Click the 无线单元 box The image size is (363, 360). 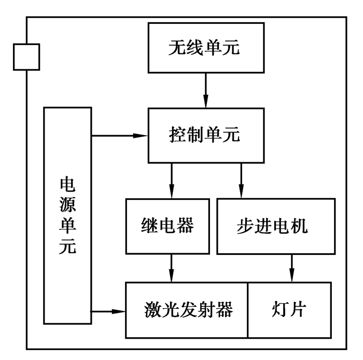pyautogui.click(x=206, y=48)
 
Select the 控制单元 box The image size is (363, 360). pyautogui.click(x=206, y=135)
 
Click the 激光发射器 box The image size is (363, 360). pyautogui.click(x=187, y=310)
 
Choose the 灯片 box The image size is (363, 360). pyautogui.click(x=289, y=310)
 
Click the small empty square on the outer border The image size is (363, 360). pyautogui.click(x=26, y=56)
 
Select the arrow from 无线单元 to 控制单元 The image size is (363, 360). pyautogui.click(x=206, y=90)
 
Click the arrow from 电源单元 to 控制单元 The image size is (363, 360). pyautogui.click(x=119, y=136)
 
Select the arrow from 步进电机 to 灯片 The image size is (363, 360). pyautogui.click(x=292, y=268)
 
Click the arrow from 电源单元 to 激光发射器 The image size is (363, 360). pyautogui.click(x=109, y=311)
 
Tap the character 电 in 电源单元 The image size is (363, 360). pyautogui.click(x=67, y=184)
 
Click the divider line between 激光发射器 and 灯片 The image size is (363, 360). pyautogui.click(x=248, y=310)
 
